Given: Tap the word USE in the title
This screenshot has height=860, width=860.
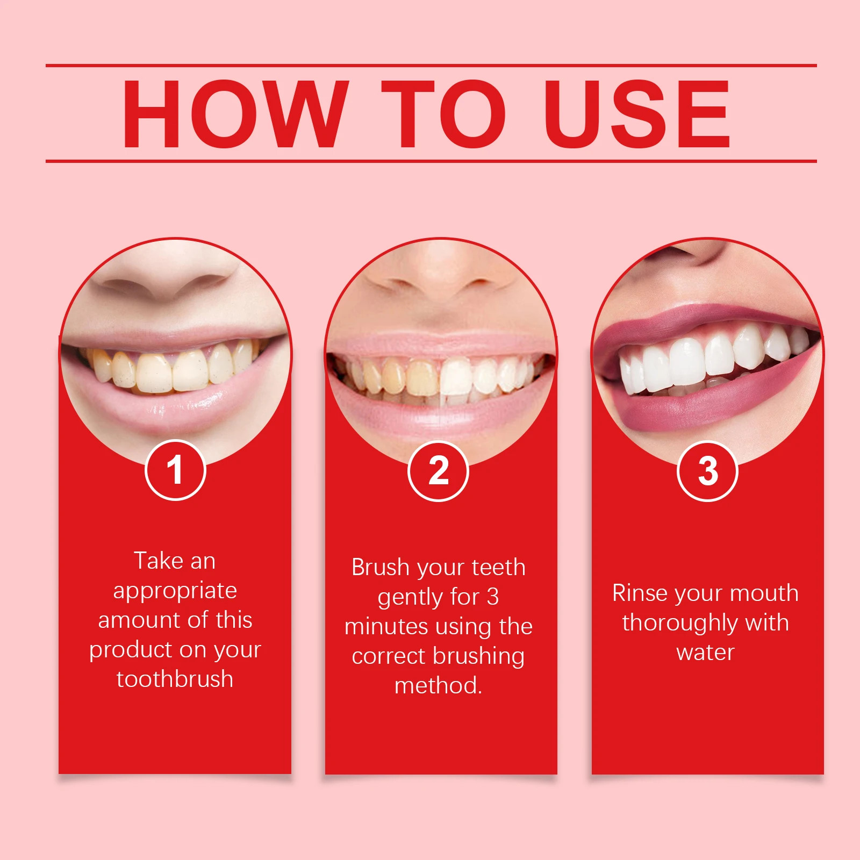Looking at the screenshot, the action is pyautogui.click(x=637, y=113).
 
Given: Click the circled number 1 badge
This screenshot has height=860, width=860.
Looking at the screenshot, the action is pyautogui.click(x=175, y=470).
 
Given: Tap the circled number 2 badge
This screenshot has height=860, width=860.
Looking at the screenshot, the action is pyautogui.click(x=439, y=471).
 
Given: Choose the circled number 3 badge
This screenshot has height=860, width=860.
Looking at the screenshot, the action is pyautogui.click(x=707, y=471).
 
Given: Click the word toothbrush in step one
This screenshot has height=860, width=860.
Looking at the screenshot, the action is pyautogui.click(x=175, y=679).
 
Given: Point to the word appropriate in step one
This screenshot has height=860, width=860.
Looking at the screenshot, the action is pyautogui.click(x=175, y=591).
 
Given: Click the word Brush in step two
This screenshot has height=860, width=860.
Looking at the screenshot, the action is pyautogui.click(x=381, y=567).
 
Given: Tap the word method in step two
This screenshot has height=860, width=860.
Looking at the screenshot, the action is pyautogui.click(x=436, y=685).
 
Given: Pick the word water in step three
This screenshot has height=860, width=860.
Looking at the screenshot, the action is pyautogui.click(x=706, y=653).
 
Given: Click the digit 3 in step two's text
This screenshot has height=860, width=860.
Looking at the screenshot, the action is pyautogui.click(x=493, y=597).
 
